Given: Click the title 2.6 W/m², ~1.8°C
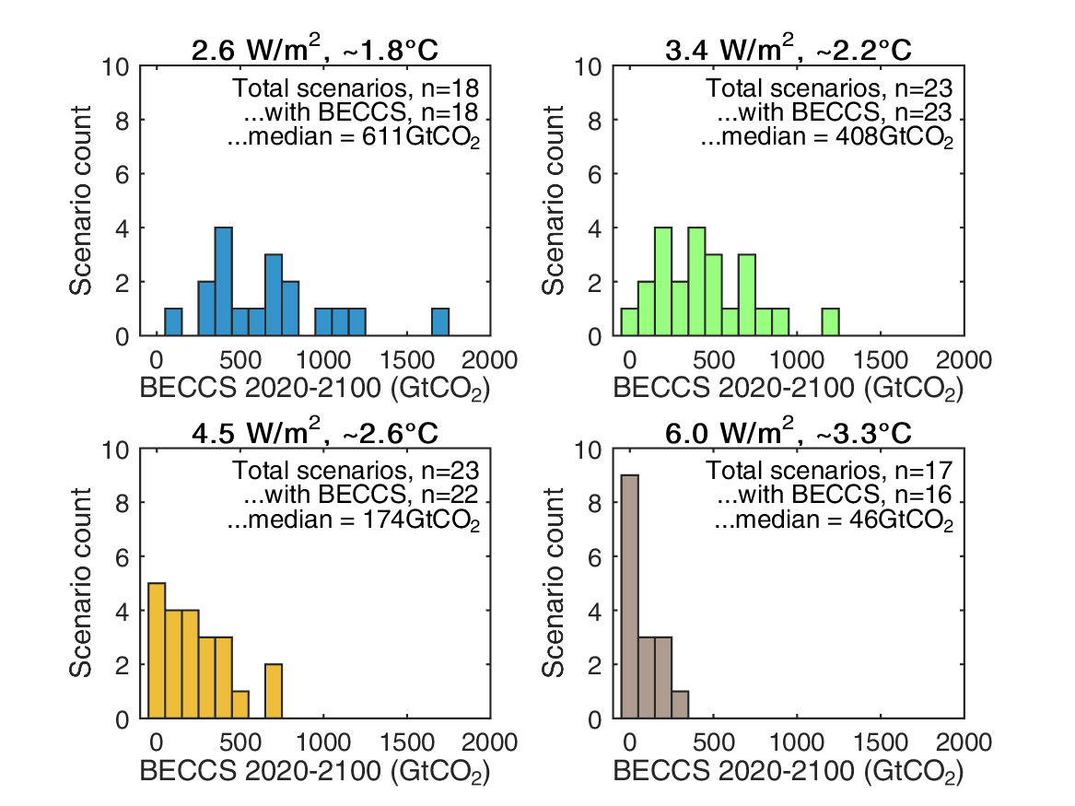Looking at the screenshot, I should pos(314,50).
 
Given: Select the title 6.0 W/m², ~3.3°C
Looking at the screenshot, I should pos(788,434).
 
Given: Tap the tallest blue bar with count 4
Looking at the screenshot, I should pos(223,282).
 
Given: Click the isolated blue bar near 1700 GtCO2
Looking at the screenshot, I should pos(440,322).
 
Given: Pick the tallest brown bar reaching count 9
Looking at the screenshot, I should pos(629,597).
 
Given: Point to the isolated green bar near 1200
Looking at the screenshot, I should pos(831,322).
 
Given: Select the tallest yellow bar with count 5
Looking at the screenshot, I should pos(157,650).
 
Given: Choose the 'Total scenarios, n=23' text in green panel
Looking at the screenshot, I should pos(829,89).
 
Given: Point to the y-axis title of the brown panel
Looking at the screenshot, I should pos(554,584).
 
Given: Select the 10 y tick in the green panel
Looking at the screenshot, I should pos(590,67).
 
